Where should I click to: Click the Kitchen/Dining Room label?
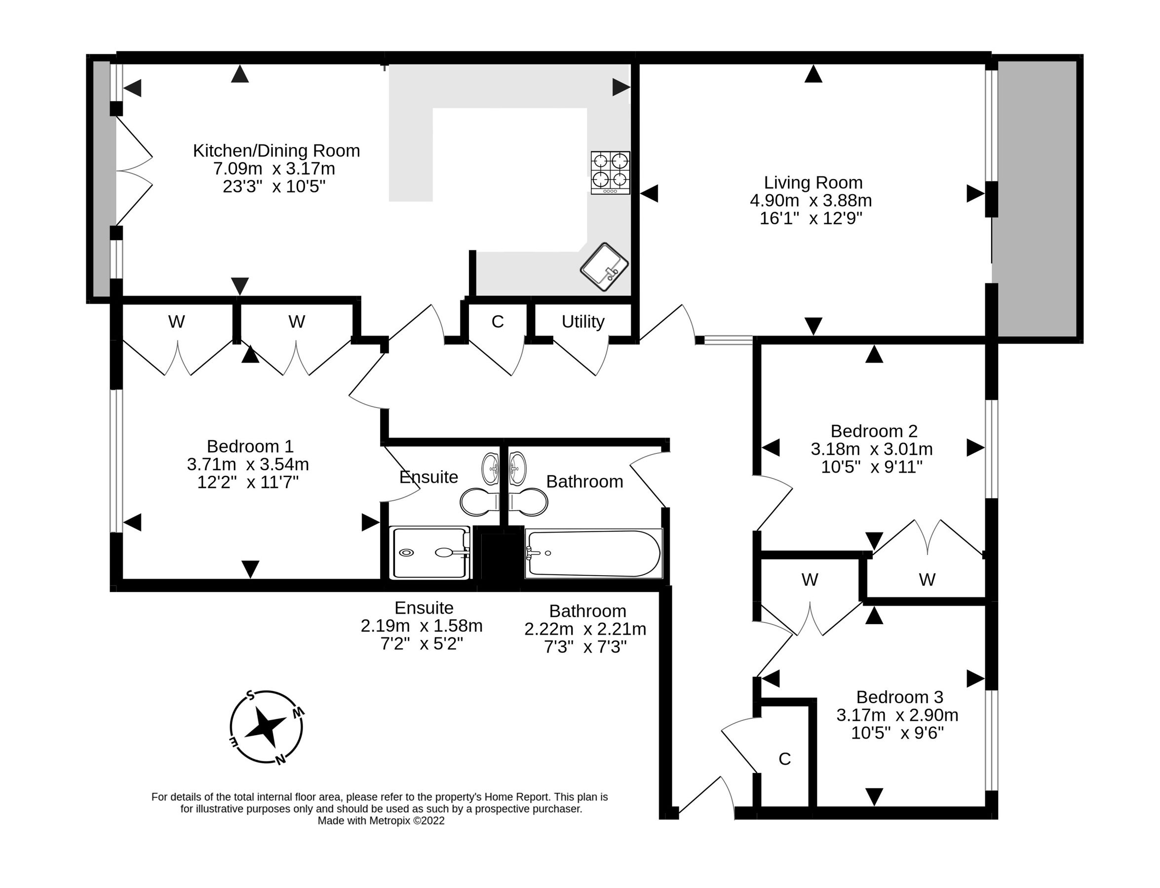[x=276, y=150]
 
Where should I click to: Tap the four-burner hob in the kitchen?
[x=610, y=172]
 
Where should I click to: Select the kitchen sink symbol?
[x=604, y=267]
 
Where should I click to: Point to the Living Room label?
[x=812, y=183]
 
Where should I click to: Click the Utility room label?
[x=582, y=321]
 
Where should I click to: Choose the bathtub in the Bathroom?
[x=593, y=554]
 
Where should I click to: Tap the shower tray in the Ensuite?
[x=429, y=553]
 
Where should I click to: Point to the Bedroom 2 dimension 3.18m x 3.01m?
[x=871, y=449]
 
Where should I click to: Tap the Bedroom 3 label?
[x=892, y=697]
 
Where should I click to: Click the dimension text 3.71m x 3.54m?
[x=248, y=465]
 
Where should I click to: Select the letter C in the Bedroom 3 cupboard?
[x=784, y=759]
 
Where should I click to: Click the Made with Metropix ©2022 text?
[x=381, y=821]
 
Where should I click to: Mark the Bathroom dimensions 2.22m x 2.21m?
[x=585, y=629]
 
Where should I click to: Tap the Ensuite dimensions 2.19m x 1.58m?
[x=421, y=626]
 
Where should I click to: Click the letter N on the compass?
[x=281, y=760]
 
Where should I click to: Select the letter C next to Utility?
[x=497, y=321]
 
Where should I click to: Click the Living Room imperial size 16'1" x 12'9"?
[x=811, y=218]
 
